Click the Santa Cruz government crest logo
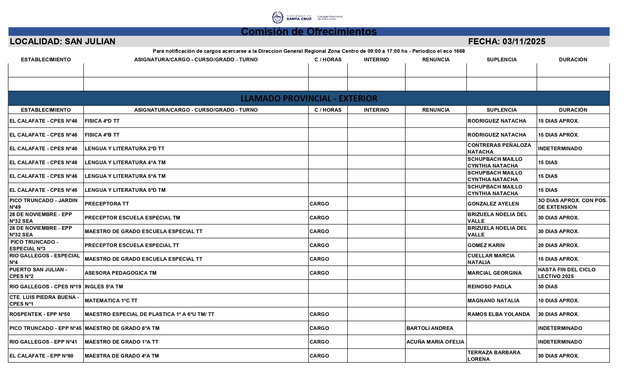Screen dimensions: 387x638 coord(277,18)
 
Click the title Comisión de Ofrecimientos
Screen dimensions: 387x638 coord(309,32)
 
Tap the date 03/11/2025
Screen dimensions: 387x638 coord(524,42)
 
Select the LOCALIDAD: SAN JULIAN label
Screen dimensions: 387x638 coord(63,42)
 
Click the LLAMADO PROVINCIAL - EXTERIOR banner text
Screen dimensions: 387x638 coord(309,99)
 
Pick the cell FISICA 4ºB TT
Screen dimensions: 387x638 coord(102,135)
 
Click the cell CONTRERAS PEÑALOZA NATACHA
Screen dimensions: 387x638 coord(499,148)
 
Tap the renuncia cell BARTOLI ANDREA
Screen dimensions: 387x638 coord(430,328)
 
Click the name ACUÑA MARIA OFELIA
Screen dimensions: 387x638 coord(435,342)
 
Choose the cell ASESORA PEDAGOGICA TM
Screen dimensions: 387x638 coord(120,273)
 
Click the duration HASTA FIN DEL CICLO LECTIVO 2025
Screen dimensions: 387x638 coord(567,273)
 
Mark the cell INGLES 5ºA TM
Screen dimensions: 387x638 coord(104,287)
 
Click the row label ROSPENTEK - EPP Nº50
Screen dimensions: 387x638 coord(40,314)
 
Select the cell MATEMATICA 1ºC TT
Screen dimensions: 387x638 coord(111,300)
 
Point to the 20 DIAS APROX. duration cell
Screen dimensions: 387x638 coord(558,245)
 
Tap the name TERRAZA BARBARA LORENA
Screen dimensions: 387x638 coord(494,356)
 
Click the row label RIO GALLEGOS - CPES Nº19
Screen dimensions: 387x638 coord(45,287)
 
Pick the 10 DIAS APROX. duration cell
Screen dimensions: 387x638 coord(558,300)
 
